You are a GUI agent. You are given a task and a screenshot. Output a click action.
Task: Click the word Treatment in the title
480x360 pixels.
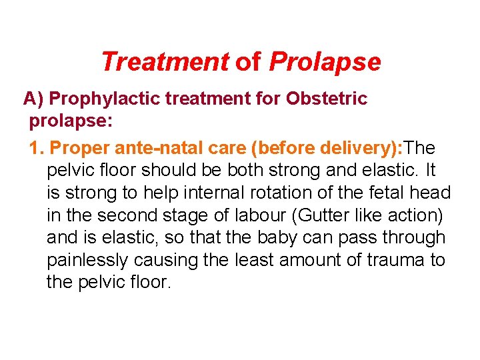pos(164,62)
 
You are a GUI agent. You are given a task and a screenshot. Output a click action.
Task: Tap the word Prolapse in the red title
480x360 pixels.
pos(325,62)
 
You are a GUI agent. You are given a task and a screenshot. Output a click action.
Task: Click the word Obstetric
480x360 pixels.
pos(326,99)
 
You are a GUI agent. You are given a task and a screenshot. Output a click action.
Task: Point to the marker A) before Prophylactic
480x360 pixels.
pos(33,99)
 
